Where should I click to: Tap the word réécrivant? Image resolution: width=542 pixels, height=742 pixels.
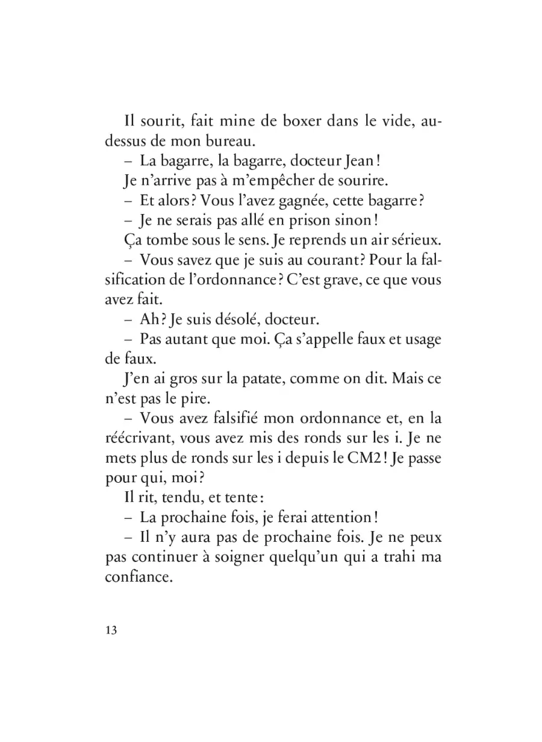coord(139,439)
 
